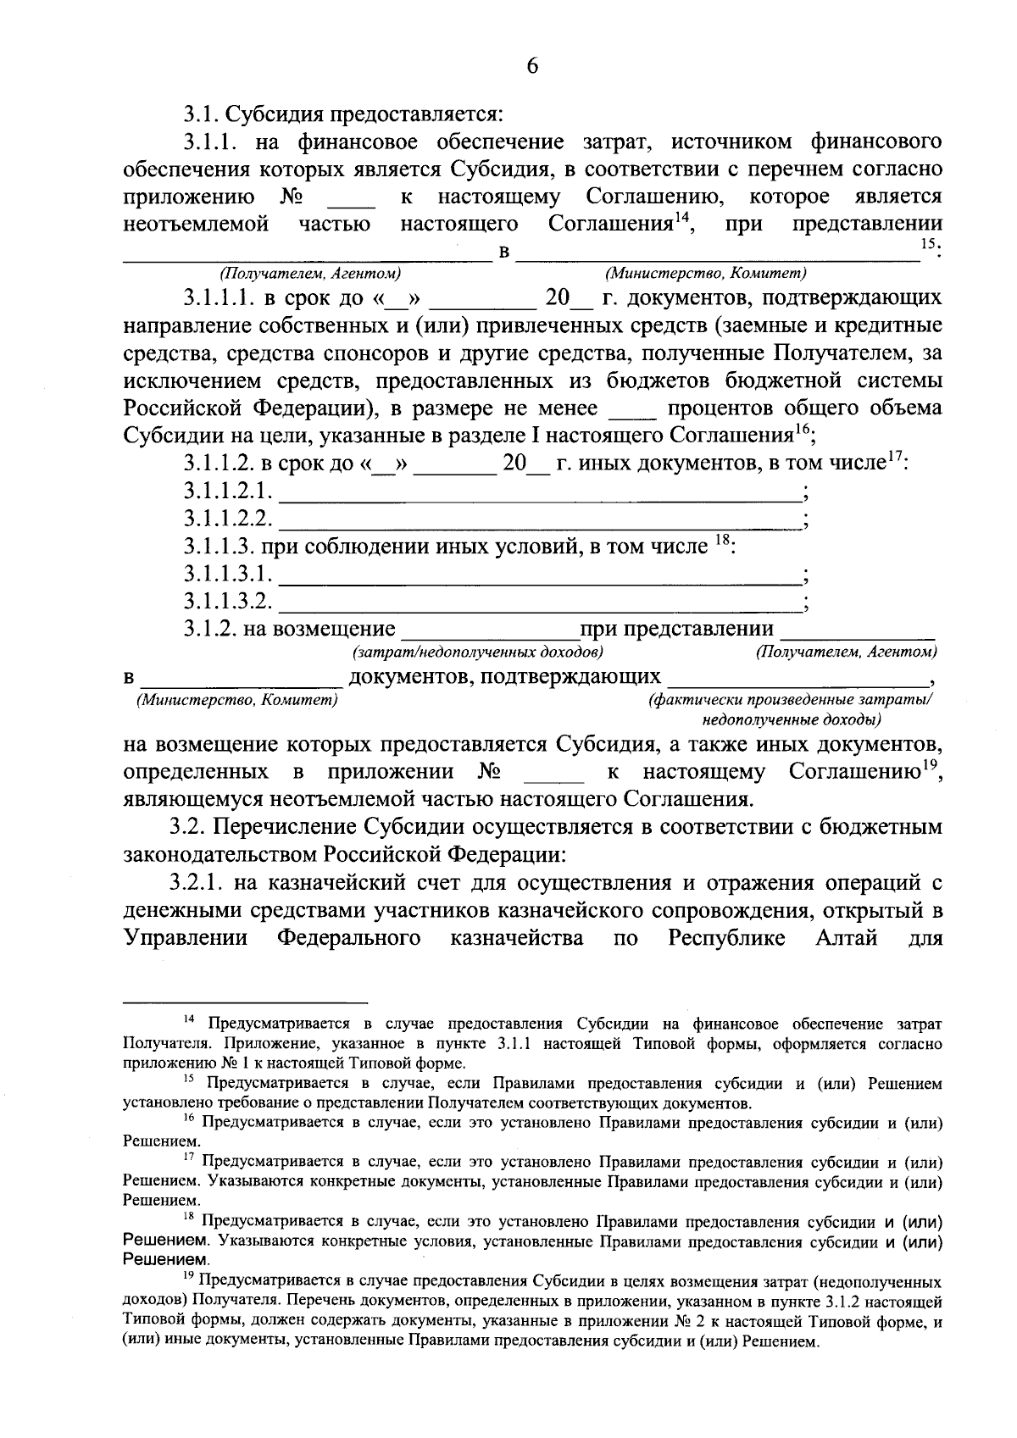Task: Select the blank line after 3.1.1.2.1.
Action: [539, 493]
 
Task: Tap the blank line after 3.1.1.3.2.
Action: [539, 604]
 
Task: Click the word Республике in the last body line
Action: [719, 938]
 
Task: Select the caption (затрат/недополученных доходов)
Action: [478, 652]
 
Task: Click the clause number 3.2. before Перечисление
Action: [183, 825]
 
